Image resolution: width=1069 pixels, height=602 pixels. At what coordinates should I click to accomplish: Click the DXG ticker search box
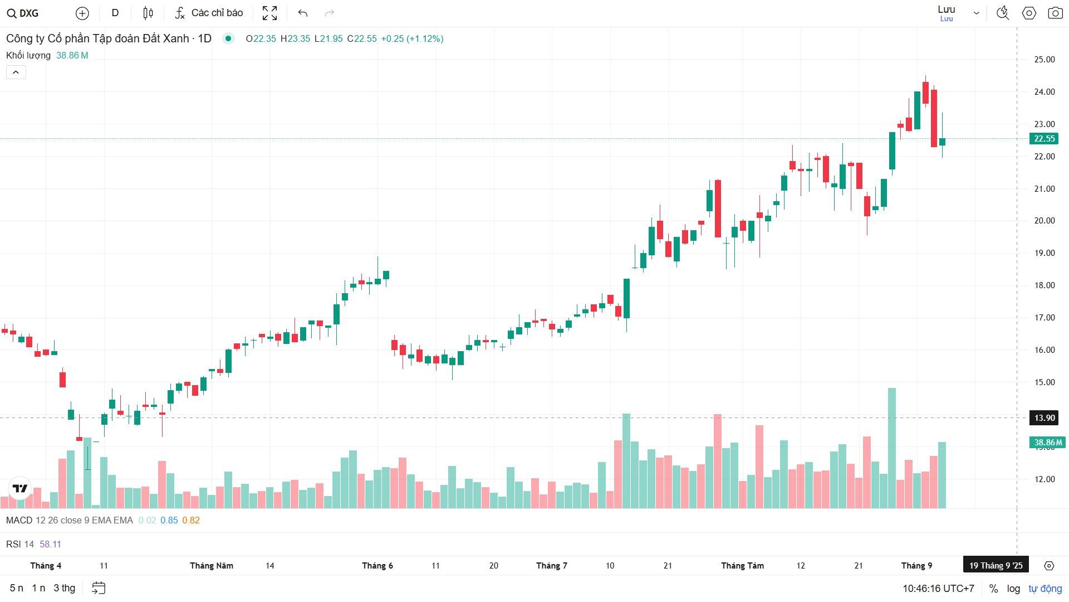23,13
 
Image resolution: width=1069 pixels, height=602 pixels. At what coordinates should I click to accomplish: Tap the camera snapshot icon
1055,13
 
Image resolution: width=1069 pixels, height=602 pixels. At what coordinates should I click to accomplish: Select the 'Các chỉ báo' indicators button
209,13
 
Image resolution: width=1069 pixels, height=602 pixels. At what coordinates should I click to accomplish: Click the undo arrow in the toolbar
303,13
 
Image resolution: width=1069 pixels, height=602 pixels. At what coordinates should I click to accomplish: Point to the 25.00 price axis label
1044,60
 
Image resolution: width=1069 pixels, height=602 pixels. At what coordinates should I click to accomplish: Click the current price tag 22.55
1044,139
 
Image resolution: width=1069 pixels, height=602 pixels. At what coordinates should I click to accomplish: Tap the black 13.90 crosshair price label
1044,418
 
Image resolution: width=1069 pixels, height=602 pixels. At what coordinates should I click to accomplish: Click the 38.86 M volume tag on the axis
1047,443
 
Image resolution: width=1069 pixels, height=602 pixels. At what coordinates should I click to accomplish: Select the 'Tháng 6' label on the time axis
377,566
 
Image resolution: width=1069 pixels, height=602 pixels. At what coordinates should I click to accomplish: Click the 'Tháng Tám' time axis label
742,566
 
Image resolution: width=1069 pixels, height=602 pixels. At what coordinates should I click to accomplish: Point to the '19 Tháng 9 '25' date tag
996,566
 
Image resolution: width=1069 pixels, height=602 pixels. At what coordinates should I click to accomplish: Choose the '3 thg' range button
64,588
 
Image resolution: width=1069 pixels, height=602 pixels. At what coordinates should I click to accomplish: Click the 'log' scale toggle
1013,589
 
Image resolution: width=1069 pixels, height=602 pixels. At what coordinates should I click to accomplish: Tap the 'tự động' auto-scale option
1045,589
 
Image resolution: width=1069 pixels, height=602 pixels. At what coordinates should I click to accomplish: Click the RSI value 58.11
50,544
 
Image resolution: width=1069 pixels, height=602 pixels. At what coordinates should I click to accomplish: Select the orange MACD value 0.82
190,520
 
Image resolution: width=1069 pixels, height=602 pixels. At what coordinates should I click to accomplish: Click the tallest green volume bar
891,446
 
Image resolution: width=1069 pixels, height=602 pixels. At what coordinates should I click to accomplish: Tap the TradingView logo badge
20,488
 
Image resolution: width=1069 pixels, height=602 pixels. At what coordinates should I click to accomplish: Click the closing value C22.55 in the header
362,38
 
